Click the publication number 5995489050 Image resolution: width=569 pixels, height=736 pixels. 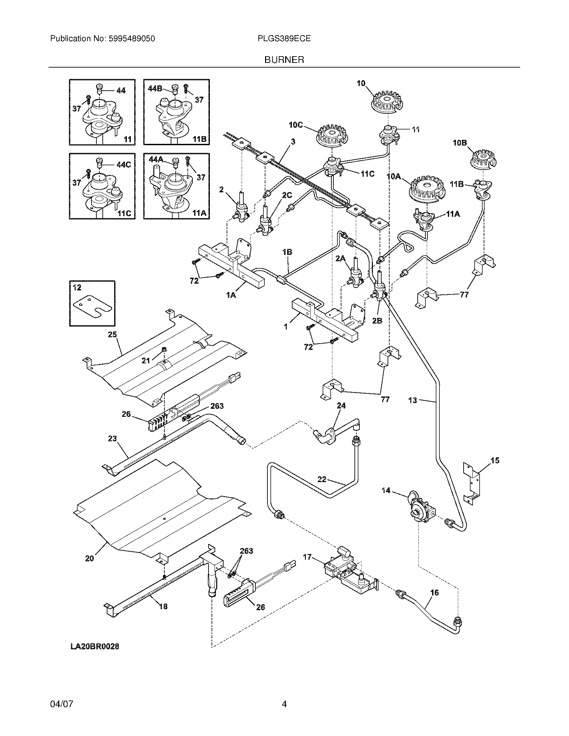(132, 39)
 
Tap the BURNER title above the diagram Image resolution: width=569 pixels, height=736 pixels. (284, 60)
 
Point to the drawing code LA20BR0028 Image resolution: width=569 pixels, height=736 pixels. (95, 646)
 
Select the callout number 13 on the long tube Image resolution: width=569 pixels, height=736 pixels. (413, 400)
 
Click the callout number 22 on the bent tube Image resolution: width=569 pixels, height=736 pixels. (322, 479)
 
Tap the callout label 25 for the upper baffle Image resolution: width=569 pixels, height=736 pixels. (112, 334)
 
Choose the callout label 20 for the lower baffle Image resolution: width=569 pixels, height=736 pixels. (89, 558)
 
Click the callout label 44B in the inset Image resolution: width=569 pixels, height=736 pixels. (155, 89)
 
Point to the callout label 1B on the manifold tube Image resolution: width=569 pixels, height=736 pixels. (287, 252)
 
